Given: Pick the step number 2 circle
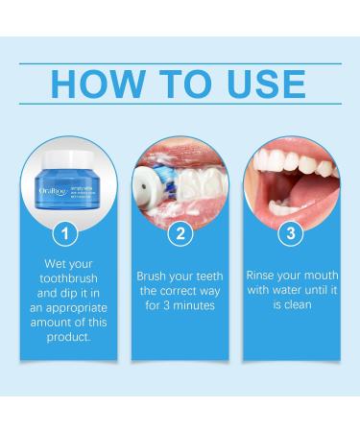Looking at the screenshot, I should point(180,232).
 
